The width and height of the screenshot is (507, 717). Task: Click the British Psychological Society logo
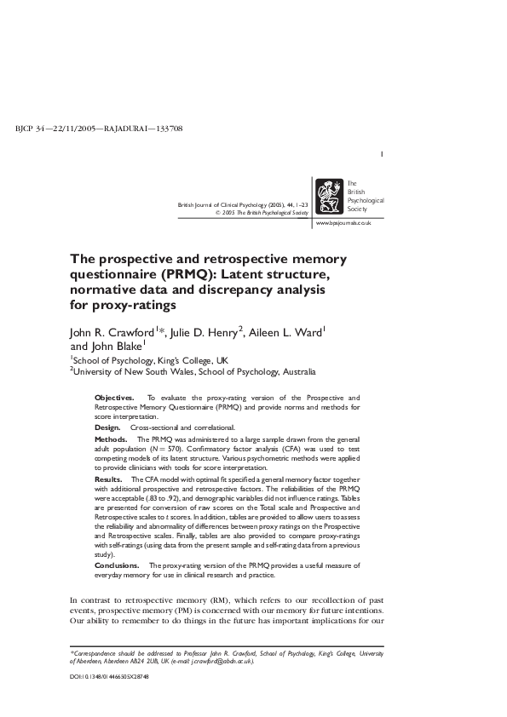pyautogui.click(x=329, y=198)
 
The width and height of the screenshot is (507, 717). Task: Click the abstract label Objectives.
pyautogui.click(x=113, y=398)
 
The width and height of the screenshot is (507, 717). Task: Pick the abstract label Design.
pyautogui.click(x=107, y=427)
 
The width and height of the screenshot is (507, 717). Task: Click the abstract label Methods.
pyautogui.click(x=111, y=437)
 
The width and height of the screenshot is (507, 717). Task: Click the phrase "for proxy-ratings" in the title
pyautogui.click(x=123, y=305)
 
